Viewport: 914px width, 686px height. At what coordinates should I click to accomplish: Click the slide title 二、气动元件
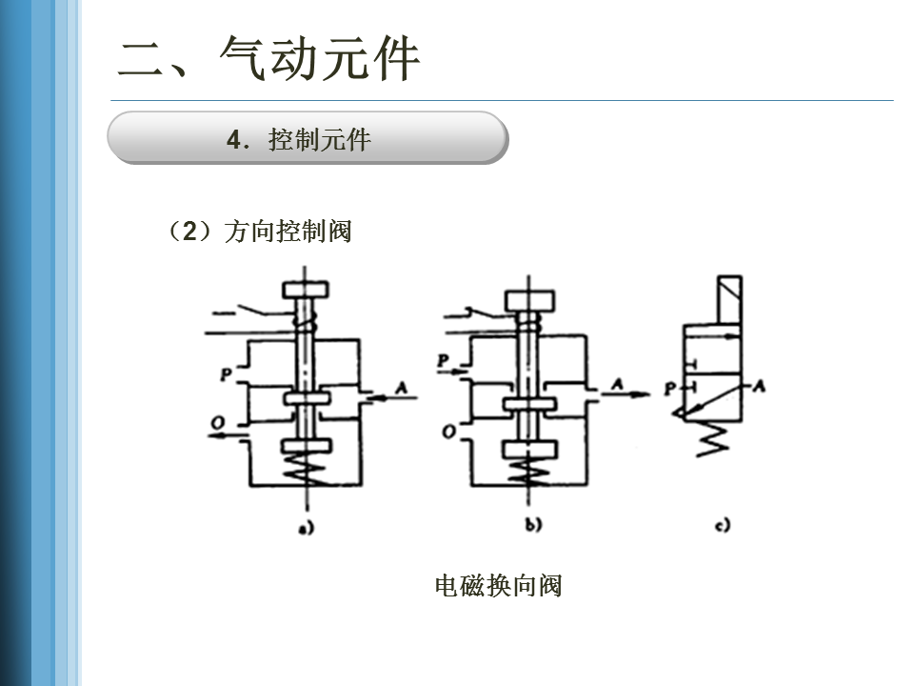pyautogui.click(x=269, y=59)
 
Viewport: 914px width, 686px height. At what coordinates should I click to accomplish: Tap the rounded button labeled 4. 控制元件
pyautogui.click(x=307, y=139)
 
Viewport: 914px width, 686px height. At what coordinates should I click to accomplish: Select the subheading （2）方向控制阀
pyautogui.click(x=259, y=232)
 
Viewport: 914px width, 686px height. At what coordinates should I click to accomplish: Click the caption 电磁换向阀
pyautogui.click(x=498, y=585)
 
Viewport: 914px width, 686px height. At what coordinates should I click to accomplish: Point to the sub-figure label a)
pyautogui.click(x=306, y=525)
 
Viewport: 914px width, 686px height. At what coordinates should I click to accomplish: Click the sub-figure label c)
pyautogui.click(x=723, y=524)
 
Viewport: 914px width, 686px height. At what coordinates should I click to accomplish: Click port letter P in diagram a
pyautogui.click(x=226, y=374)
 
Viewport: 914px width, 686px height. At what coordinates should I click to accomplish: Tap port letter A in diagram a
pyautogui.click(x=401, y=386)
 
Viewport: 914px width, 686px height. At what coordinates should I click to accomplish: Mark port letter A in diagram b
pyautogui.click(x=618, y=384)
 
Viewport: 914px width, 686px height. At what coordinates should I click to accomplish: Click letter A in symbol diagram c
pyautogui.click(x=759, y=386)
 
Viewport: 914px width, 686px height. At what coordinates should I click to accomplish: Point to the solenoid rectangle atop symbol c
pyautogui.click(x=730, y=300)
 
